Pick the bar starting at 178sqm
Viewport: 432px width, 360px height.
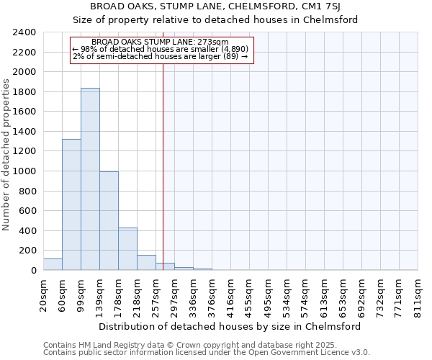pyautogui.click(x=127, y=249)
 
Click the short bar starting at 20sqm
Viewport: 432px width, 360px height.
pyautogui.click(x=53, y=264)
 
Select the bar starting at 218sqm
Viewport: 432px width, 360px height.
pyautogui.click(x=146, y=263)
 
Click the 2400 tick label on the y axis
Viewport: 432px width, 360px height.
pyautogui.click(x=24, y=33)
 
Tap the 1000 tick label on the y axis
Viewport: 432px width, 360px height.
pyautogui.click(x=24, y=172)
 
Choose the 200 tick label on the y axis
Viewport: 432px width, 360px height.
pyautogui.click(x=27, y=251)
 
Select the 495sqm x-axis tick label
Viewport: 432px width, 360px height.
pyautogui.click(x=269, y=293)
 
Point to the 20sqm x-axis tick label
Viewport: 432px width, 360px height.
pyautogui.click(x=43, y=293)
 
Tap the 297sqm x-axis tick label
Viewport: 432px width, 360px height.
pyautogui.click(x=175, y=293)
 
